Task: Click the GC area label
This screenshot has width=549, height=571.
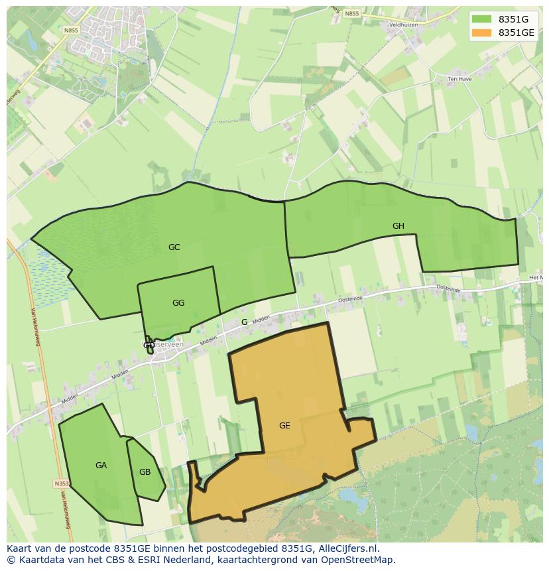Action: coord(174,247)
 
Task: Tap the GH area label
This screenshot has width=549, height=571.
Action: coord(398,226)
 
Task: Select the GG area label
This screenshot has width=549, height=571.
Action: coord(178,303)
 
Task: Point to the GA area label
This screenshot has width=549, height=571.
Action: coord(101,466)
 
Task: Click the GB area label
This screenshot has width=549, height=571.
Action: coord(145,472)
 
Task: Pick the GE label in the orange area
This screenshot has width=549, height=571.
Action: coord(284,426)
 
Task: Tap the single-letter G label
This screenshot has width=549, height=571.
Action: coord(244,322)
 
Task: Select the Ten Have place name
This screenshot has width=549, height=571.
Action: coord(458,79)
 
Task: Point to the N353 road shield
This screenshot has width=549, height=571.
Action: coord(62,483)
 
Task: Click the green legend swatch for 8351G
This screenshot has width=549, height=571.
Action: coord(482,19)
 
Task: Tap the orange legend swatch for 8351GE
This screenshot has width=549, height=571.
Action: coord(482,32)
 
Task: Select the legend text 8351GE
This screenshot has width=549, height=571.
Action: coord(517,32)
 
